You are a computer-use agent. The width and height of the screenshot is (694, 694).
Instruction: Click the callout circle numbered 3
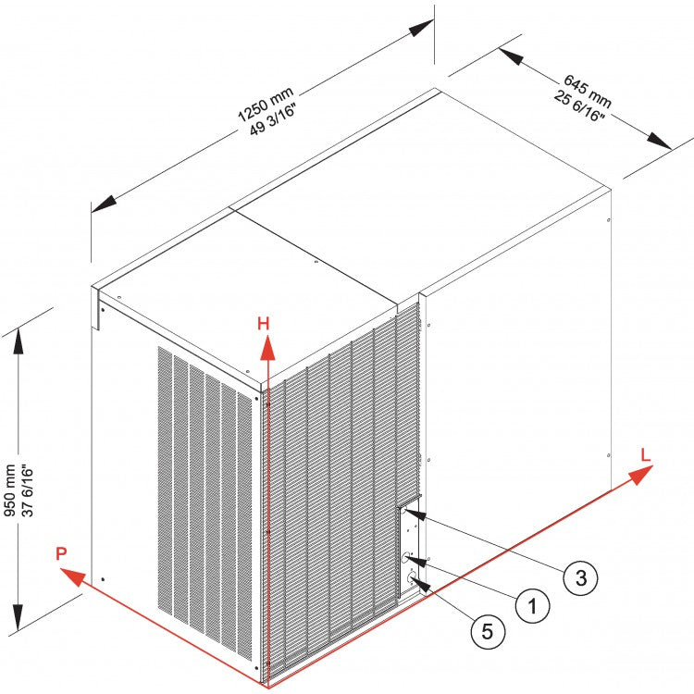point(580,578)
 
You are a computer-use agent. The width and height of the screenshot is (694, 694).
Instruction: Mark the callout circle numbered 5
point(488,632)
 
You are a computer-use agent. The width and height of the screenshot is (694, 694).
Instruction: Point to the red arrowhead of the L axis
point(638,476)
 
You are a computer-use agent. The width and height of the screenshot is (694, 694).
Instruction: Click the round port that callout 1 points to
point(406,558)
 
